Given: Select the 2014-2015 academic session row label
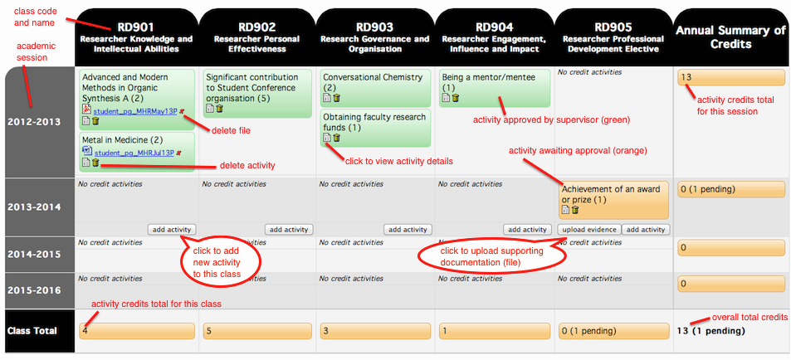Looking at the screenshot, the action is click(x=33, y=254).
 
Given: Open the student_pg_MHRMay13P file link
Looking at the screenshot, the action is click(x=135, y=111).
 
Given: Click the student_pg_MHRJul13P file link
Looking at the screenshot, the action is click(x=134, y=153).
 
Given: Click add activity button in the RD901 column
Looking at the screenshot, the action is click(x=172, y=230).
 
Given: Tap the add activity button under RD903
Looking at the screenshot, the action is click(x=408, y=230).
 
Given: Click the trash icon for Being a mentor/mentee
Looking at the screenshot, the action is click(x=456, y=98).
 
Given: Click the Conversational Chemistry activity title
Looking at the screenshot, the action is click(x=373, y=77).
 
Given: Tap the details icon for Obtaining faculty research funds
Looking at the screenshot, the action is click(x=327, y=138).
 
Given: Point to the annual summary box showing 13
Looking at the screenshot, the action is click(x=731, y=78).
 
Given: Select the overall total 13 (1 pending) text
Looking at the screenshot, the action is click(x=710, y=331).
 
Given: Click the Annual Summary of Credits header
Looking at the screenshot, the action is click(x=730, y=37).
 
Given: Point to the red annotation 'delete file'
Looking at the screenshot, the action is click(x=231, y=130).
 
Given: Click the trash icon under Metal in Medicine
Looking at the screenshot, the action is click(x=95, y=163).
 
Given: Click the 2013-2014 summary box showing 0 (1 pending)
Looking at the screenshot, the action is click(x=731, y=190).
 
